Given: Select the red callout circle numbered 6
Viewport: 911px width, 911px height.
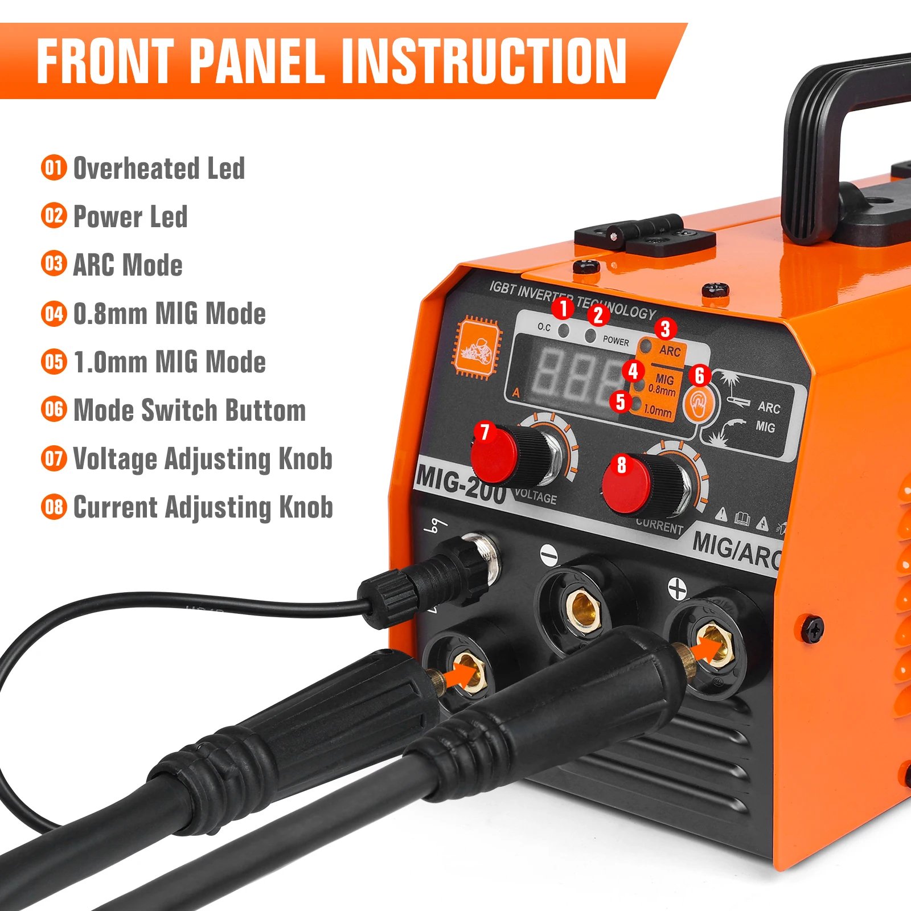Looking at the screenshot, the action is click(699, 375).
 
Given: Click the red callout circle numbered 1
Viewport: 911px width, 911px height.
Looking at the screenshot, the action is click(564, 308).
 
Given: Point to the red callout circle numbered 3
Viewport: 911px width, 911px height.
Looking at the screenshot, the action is click(665, 329).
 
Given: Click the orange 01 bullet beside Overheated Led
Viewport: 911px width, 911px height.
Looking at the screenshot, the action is click(54, 168).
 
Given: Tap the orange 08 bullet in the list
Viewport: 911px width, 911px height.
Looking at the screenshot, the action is click(54, 507).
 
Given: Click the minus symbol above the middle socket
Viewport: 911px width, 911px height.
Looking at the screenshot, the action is click(549, 555).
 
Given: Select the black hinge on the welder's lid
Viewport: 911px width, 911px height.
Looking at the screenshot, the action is click(645, 235).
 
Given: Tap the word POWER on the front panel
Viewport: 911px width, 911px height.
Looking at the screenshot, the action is click(615, 341).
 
